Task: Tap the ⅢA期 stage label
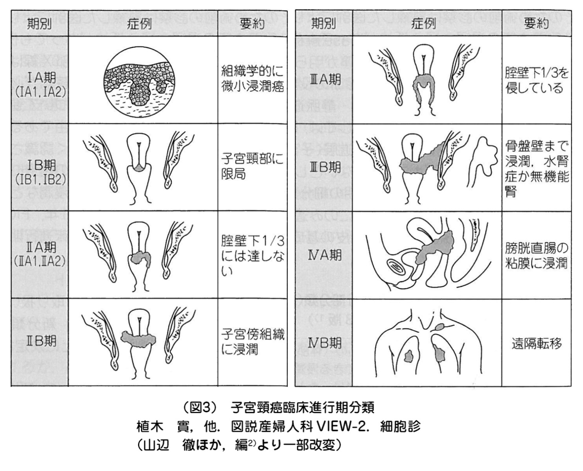(325, 80)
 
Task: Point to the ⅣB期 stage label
(325, 343)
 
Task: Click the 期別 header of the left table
(39, 24)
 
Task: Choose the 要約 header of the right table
(536, 24)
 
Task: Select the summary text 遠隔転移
(537, 344)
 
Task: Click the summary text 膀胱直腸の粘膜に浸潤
(536, 256)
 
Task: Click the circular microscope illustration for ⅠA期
(140, 82)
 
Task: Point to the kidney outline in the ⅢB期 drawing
(483, 156)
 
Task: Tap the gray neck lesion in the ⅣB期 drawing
(440, 327)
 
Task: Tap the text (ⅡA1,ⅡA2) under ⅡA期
(40, 261)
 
